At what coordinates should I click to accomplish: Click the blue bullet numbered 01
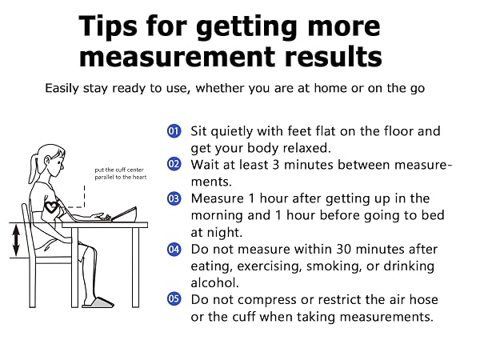(x=174, y=131)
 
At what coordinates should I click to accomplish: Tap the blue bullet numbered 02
(x=174, y=164)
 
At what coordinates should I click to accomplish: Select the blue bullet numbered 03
(x=174, y=198)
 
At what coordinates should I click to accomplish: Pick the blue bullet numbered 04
(x=174, y=249)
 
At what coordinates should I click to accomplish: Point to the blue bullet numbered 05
(x=174, y=298)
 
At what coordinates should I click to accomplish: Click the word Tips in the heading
(x=108, y=27)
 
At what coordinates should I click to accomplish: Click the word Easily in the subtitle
(x=62, y=89)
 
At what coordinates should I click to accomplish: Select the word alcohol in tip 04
(x=214, y=282)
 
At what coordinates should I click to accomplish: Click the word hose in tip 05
(x=423, y=299)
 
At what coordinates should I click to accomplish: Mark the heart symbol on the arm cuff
(x=51, y=207)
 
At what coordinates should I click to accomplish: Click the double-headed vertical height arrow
(x=16, y=240)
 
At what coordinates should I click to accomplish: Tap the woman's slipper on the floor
(x=98, y=302)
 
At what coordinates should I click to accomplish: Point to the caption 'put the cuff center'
(x=119, y=170)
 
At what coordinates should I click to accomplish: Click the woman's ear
(x=48, y=161)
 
